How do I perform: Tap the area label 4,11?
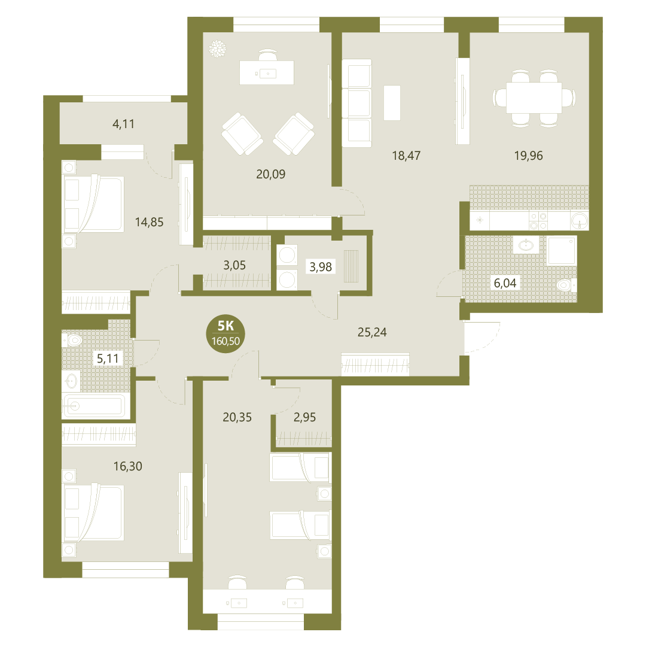(x=123, y=124)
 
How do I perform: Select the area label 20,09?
(x=270, y=174)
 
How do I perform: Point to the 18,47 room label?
(x=406, y=156)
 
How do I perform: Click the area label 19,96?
(x=528, y=156)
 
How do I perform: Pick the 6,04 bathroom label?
(x=505, y=283)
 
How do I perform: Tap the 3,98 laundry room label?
(x=321, y=267)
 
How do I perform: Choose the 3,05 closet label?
(x=234, y=265)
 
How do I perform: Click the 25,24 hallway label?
(x=372, y=332)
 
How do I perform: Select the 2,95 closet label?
(x=304, y=417)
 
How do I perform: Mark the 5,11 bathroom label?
(x=108, y=359)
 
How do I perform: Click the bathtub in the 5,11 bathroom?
(x=93, y=406)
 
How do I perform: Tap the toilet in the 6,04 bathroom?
(x=566, y=285)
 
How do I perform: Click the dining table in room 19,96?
(x=534, y=98)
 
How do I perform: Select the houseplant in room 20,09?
(x=217, y=48)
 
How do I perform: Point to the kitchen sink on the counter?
(x=580, y=221)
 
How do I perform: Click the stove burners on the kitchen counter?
(x=538, y=221)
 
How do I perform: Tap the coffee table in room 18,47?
(x=392, y=103)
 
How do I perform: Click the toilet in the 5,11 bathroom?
(x=72, y=341)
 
